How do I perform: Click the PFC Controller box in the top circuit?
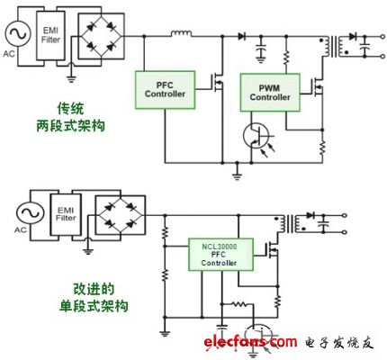point(165,90)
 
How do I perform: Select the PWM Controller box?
point(270,93)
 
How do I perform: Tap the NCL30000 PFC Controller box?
point(220,255)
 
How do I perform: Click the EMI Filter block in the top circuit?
point(50,35)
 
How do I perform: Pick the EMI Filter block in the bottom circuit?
point(66,214)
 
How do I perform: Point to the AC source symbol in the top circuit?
point(17,33)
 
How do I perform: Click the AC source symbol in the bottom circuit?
point(30,213)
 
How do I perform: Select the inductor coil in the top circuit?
point(182,33)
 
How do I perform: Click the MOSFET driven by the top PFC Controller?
point(218,83)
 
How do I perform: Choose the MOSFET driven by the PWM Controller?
point(318,87)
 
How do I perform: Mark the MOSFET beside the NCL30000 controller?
point(272,250)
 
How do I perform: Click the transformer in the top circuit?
point(334,47)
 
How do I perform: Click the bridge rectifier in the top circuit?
point(101,36)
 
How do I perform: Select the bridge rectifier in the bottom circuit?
point(121,215)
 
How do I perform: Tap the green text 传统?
point(71,109)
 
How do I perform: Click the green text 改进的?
point(94,289)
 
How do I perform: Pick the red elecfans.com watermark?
point(250,342)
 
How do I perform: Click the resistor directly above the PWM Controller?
point(286,58)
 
